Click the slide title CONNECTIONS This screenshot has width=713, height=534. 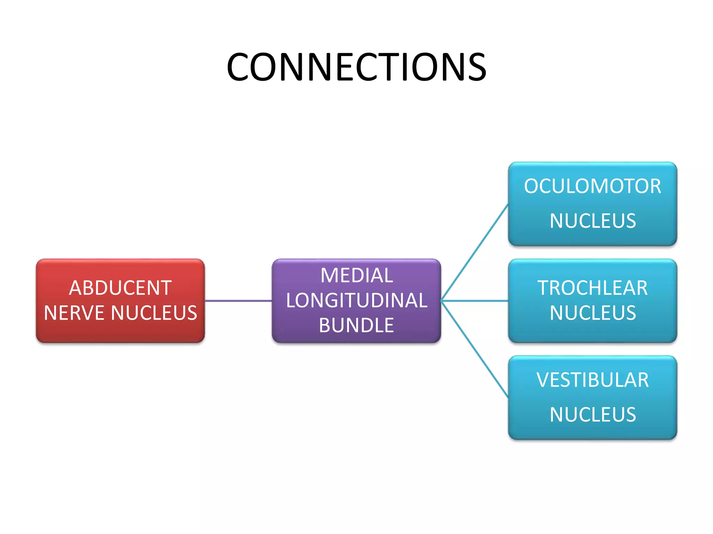point(356,67)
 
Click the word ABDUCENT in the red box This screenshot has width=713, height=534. point(120,288)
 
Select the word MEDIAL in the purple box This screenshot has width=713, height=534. point(356,276)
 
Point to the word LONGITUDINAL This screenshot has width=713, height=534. point(356,301)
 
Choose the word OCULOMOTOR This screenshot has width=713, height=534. point(592,186)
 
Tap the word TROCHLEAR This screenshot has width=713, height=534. point(592,288)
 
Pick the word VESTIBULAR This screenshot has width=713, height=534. point(592,380)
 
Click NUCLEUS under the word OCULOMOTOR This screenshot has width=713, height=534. point(593,221)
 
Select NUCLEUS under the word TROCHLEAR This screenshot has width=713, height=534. point(593,313)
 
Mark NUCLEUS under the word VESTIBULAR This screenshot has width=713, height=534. point(593,415)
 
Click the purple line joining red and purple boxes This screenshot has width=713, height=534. point(238,301)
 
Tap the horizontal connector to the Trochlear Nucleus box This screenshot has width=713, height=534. point(475,301)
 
